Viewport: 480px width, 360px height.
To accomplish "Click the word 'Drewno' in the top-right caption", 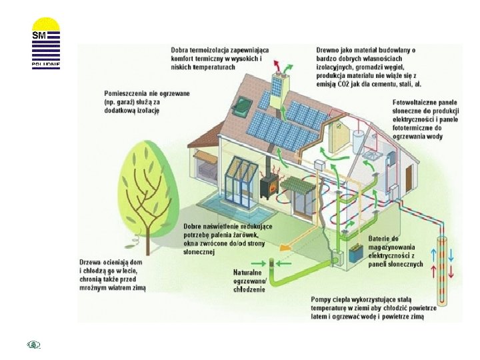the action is click(x=330, y=49).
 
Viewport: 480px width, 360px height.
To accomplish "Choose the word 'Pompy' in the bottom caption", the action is click(x=323, y=300).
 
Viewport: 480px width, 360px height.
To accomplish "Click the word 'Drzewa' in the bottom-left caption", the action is click(x=93, y=262).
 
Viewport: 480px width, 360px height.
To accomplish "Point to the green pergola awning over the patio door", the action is click(x=295, y=183).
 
